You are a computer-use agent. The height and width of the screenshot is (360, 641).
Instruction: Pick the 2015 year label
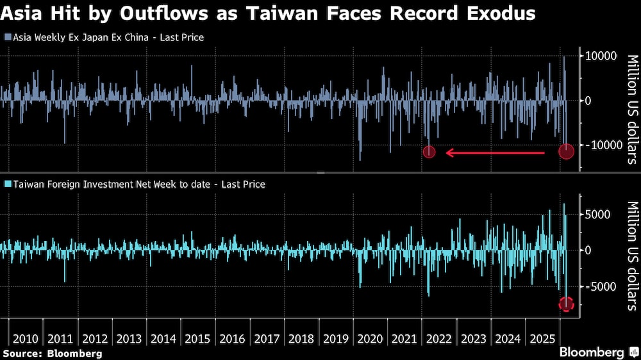tap(197, 339)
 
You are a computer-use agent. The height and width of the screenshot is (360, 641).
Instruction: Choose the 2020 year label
tap(370, 339)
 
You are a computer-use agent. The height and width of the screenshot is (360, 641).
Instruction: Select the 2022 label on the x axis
tap(439, 339)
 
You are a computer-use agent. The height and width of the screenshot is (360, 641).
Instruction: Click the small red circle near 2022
tap(429, 152)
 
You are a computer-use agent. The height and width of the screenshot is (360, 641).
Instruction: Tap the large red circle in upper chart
tap(566, 151)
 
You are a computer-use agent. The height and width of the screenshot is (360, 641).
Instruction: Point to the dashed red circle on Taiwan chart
tap(566, 304)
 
